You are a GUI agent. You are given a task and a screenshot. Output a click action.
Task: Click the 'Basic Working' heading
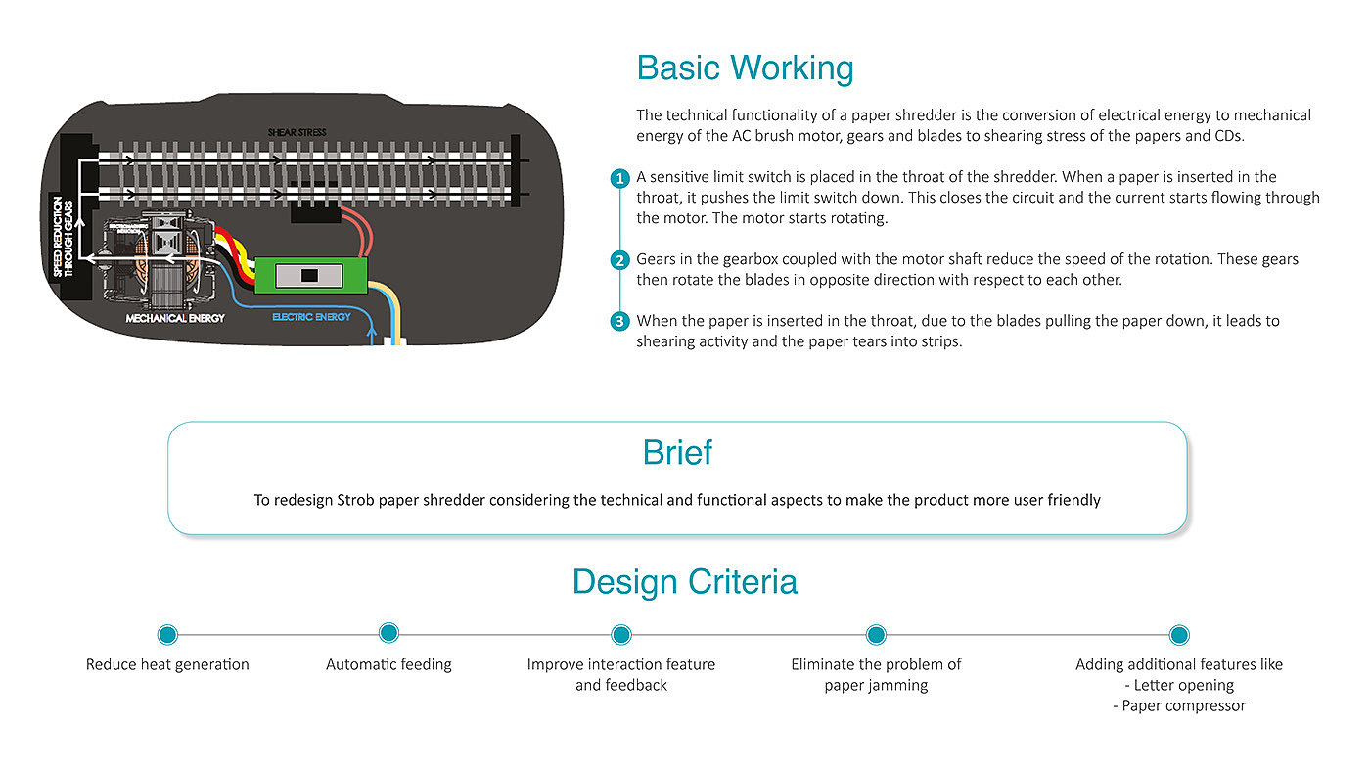[x=745, y=68]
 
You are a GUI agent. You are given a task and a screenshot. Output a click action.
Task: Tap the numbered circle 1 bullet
[x=619, y=178]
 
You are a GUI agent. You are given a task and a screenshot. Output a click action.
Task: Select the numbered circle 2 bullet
[x=619, y=260]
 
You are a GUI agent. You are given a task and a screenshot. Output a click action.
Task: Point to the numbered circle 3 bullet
[x=619, y=321]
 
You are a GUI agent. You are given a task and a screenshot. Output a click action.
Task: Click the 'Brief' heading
[x=677, y=453]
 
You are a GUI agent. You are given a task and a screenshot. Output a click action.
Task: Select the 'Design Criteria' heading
[x=684, y=581]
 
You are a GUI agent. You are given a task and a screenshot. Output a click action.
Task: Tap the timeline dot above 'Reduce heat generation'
[x=167, y=635]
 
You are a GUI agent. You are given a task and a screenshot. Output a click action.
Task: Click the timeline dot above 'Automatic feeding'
[x=388, y=633]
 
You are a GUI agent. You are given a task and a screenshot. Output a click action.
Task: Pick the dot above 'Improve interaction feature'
[x=621, y=635]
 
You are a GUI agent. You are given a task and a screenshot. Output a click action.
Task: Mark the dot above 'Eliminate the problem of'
[x=876, y=635]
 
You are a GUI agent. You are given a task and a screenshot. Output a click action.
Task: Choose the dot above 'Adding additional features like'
[x=1179, y=635]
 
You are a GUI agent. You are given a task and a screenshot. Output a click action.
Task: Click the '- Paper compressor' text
[x=1179, y=705]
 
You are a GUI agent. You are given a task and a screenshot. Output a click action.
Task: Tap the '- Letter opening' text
[x=1179, y=685]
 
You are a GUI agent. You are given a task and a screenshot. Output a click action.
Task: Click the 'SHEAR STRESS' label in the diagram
[x=297, y=132]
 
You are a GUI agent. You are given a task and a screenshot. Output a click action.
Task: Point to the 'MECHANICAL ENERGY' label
[x=175, y=318]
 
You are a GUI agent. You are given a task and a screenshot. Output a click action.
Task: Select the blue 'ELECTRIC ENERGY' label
[x=311, y=317]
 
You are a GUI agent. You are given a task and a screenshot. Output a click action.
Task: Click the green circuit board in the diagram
[x=310, y=275]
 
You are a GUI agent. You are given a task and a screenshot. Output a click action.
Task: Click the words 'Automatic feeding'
[x=388, y=664]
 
